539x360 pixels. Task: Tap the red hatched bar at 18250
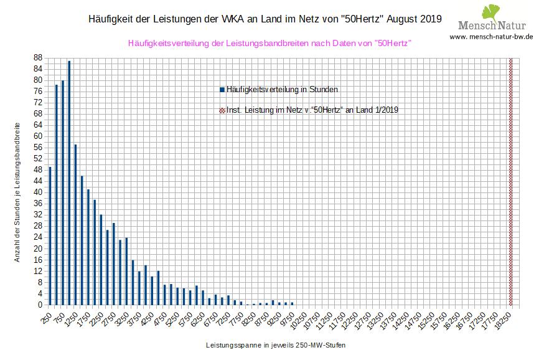click(x=511, y=181)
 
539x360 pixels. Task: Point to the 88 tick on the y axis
click(x=39, y=57)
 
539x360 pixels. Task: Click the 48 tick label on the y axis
click(x=39, y=169)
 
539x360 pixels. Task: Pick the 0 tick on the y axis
click(x=40, y=305)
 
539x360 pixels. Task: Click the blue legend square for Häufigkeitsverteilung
click(x=222, y=90)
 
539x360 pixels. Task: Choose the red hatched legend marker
click(x=222, y=110)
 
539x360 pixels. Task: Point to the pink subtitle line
click(x=269, y=44)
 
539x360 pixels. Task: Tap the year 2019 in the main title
click(x=429, y=19)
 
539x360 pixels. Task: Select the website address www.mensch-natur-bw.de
click(x=491, y=37)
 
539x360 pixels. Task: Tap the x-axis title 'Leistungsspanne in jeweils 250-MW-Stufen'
click(x=274, y=344)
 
